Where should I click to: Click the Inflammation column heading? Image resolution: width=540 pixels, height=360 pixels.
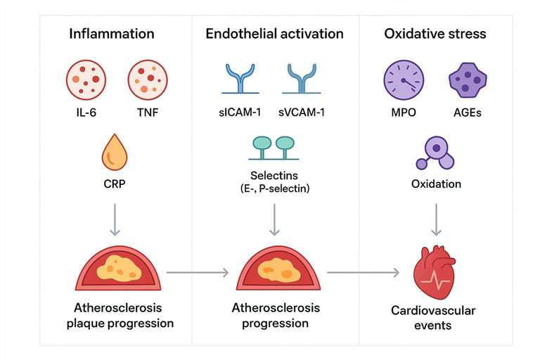tap(112, 34)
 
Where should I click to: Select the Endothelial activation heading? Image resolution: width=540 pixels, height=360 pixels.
tap(274, 34)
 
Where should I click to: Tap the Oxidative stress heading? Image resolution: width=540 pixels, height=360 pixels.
tap(435, 34)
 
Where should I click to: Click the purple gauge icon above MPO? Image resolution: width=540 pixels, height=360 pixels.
tap(404, 79)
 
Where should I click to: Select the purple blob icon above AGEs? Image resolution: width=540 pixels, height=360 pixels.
tap(468, 79)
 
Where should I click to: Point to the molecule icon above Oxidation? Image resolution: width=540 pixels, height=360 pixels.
tap(436, 153)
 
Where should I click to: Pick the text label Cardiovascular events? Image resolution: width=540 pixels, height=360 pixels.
tap(435, 318)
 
